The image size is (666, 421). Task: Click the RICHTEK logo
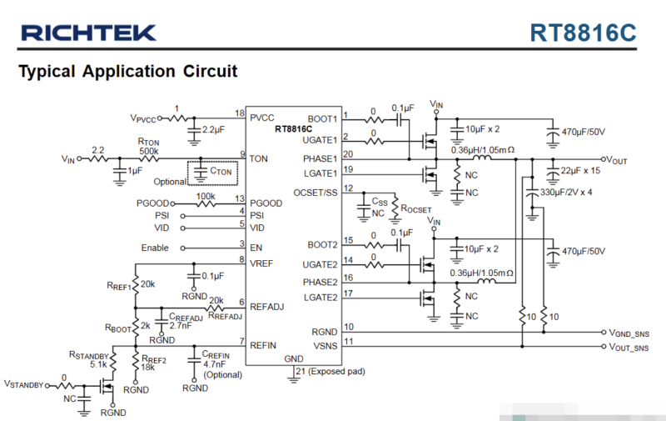point(88,33)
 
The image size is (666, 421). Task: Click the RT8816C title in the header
point(583,33)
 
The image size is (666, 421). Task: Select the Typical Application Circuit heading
point(127,71)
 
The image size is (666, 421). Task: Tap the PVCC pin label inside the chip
point(263,118)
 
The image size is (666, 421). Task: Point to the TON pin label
point(259,158)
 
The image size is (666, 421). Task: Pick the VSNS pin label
point(324,344)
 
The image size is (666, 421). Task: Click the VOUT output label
point(621,159)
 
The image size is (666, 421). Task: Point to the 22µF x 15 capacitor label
point(582,171)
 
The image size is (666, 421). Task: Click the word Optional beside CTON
point(170,181)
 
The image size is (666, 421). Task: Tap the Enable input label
point(154,248)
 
